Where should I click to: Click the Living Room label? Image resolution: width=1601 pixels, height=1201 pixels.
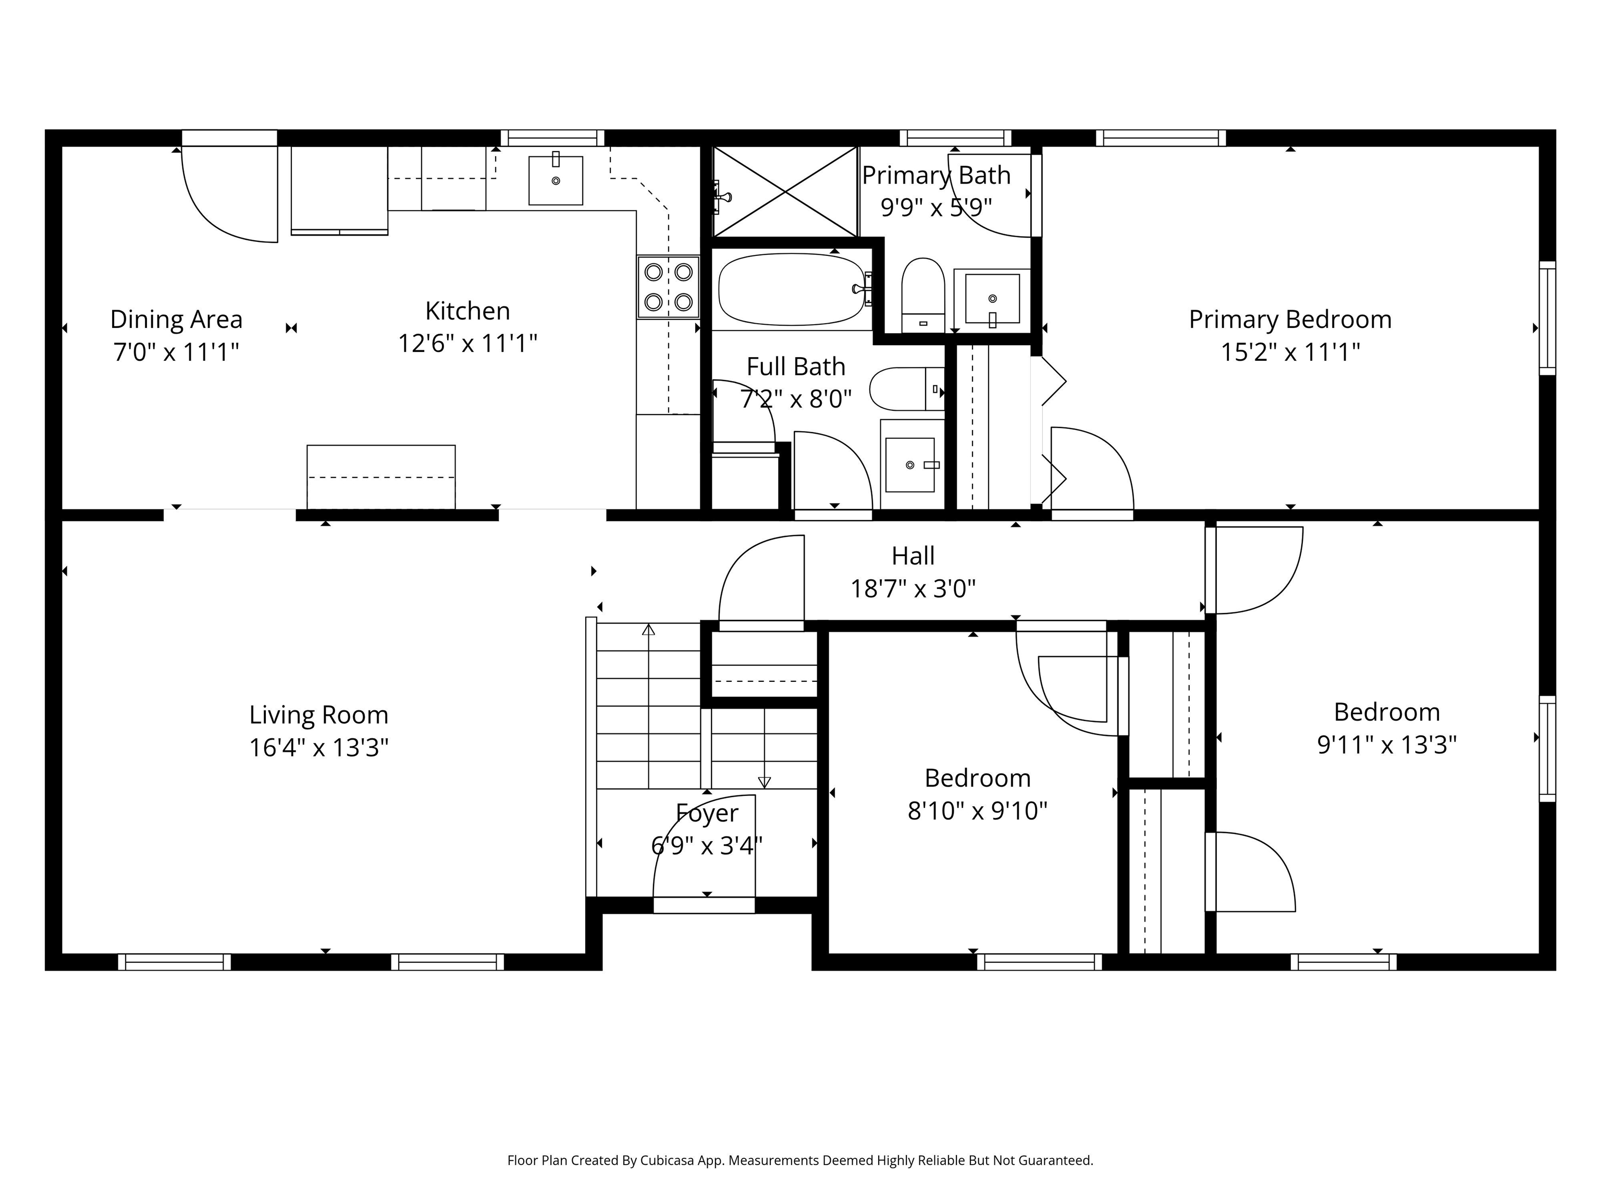coord(318,715)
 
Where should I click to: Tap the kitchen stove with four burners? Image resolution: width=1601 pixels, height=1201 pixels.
coord(668,287)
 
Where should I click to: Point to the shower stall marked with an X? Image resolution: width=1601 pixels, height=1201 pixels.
coord(785,192)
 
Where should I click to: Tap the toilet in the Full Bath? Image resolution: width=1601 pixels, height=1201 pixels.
coord(907,389)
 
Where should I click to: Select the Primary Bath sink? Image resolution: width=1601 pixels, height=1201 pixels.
coord(992,299)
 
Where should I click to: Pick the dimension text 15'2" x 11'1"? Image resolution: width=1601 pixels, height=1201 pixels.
coord(1290,352)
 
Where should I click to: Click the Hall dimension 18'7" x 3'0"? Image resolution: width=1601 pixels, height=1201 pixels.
coord(913,589)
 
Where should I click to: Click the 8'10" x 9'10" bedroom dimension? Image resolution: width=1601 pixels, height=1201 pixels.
coord(977,811)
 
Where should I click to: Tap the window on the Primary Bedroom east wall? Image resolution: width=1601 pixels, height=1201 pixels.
coord(1547,318)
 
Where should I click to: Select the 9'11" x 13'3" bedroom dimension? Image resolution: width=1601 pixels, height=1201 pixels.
coord(1386,744)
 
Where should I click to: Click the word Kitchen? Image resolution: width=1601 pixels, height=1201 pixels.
coord(467,311)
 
